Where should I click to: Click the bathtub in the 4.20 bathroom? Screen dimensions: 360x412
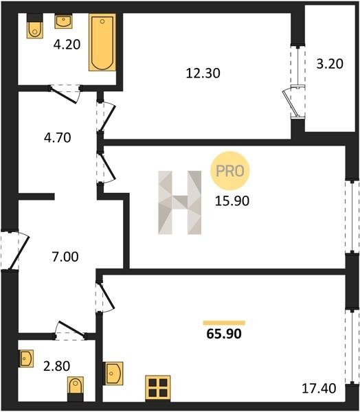pos(102,43)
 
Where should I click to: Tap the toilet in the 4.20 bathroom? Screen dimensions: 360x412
pos(35,26)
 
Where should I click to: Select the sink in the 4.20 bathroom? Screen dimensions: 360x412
pos(63,21)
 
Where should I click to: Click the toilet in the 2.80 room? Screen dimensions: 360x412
pos(76,389)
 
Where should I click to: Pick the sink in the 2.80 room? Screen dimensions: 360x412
pos(26,358)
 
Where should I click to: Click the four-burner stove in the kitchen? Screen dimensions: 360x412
pos(158,388)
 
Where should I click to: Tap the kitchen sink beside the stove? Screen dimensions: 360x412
pos(113,374)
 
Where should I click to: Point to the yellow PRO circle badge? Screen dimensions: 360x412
pos(230,171)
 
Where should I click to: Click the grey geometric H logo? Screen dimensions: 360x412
pos(179,203)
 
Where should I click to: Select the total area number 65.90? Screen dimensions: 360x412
pos(224,334)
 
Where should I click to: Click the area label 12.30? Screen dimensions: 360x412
pos(203,73)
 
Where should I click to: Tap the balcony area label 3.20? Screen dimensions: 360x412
pos(330,64)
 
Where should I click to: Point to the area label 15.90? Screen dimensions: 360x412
pos(232,201)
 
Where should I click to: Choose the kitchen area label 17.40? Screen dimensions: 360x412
pos(319,389)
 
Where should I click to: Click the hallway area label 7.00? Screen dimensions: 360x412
pos(65,257)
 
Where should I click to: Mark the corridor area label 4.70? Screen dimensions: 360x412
pos(57,138)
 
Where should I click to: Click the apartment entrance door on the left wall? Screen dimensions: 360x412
pos(14,250)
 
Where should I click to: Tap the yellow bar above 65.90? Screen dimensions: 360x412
pos(224,323)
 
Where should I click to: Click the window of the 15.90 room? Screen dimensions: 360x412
pos(352,216)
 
